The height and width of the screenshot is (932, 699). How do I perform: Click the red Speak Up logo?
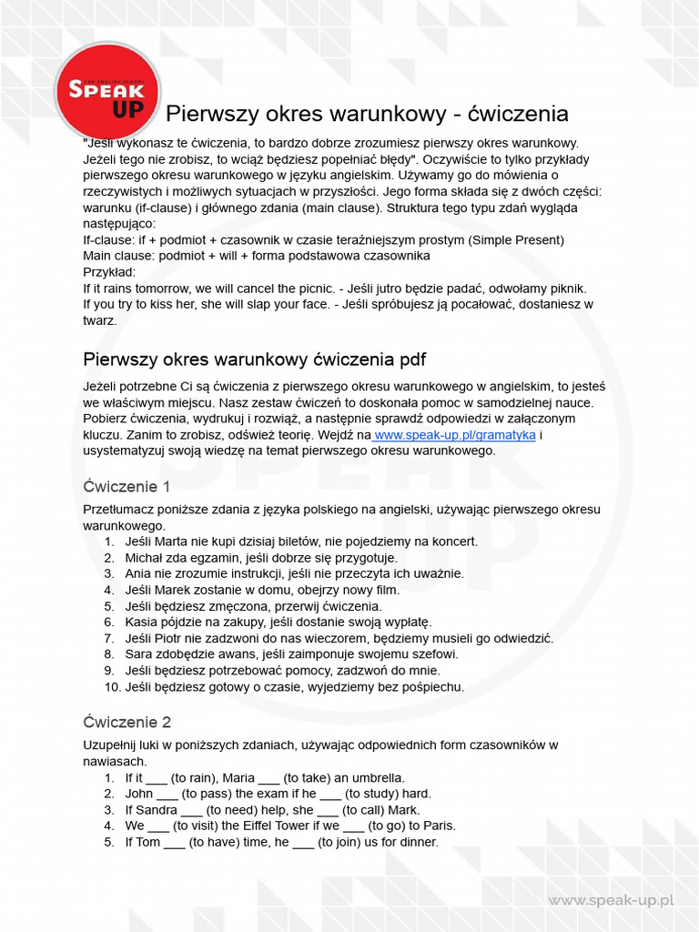point(106,91)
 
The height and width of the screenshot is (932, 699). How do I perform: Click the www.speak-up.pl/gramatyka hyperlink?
point(455,435)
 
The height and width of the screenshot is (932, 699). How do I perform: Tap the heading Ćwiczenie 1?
point(127,486)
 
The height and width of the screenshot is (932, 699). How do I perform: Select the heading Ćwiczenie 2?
point(127,723)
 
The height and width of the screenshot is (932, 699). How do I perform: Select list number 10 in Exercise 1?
point(112,687)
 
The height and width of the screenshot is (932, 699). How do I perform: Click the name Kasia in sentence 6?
point(143,623)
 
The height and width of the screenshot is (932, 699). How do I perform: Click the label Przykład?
point(109,272)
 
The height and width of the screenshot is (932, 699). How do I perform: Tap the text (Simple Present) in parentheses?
point(516,240)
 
